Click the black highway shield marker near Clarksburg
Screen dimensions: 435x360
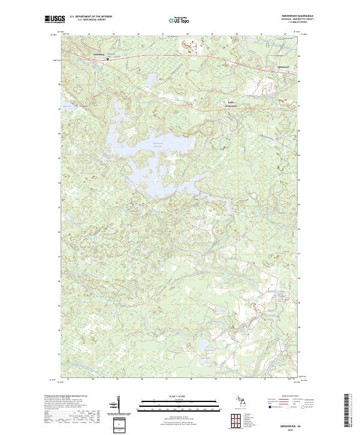tap(107, 59)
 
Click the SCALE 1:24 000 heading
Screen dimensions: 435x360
tap(178, 395)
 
